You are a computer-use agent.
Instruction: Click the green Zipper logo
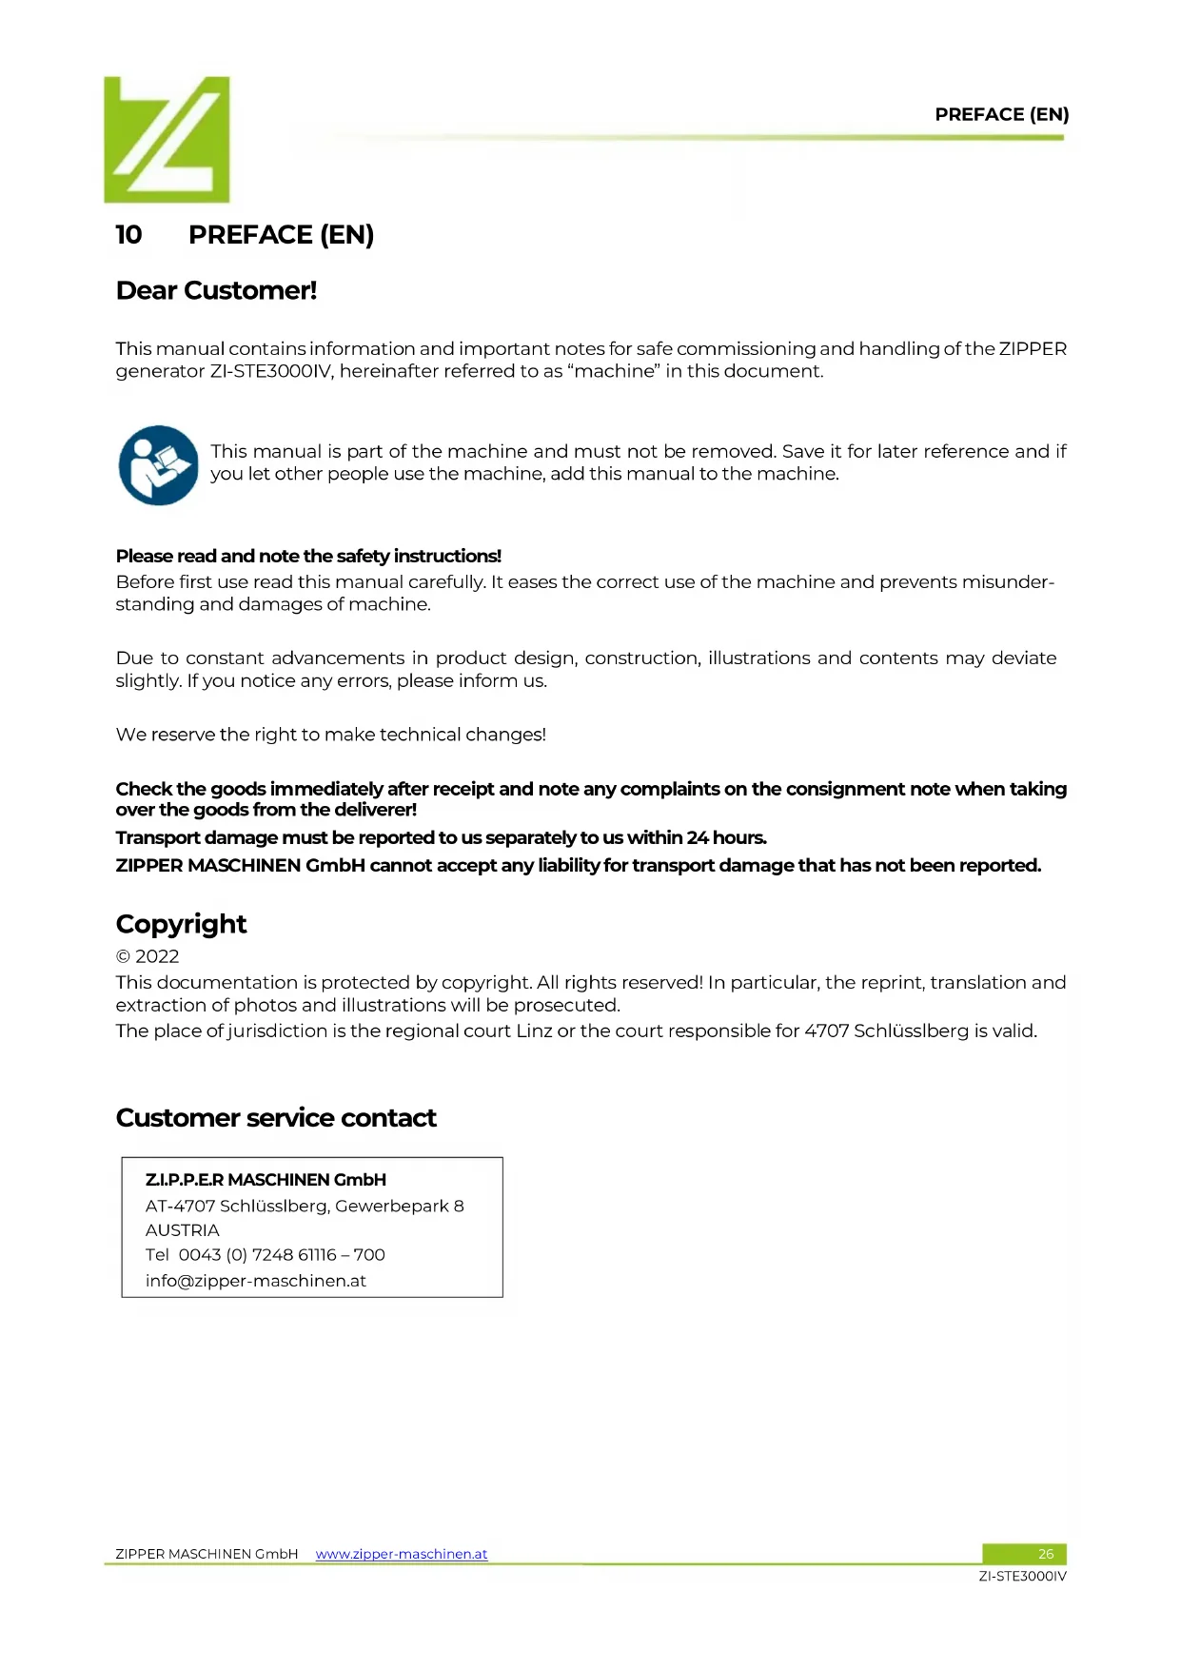(167, 140)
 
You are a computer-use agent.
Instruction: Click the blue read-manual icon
(158, 465)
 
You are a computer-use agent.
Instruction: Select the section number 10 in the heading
(128, 235)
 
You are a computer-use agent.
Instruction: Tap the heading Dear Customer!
(216, 290)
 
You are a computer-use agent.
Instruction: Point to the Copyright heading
(181, 924)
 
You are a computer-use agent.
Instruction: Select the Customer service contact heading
(276, 1118)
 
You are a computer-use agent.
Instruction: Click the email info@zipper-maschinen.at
(255, 1281)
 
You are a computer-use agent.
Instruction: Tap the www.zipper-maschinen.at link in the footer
(401, 1554)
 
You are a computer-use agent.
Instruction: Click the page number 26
(1045, 1554)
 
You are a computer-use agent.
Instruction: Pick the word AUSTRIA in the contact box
(182, 1230)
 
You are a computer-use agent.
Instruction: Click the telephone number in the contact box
(281, 1255)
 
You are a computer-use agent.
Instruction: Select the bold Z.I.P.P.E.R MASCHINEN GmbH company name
(266, 1180)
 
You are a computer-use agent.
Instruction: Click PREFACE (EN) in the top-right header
(1001, 115)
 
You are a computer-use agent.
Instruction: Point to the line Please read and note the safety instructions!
(308, 556)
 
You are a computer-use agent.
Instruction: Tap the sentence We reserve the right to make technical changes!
(330, 735)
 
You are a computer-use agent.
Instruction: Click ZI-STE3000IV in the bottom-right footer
(1022, 1577)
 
